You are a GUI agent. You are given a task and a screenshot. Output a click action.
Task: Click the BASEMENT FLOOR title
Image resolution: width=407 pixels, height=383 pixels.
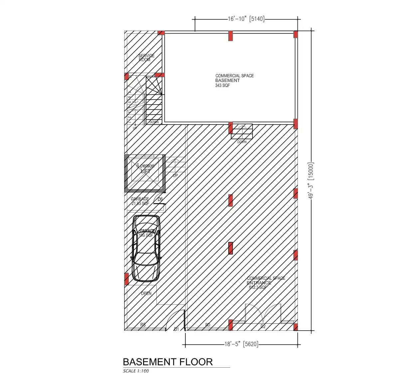tap(168, 362)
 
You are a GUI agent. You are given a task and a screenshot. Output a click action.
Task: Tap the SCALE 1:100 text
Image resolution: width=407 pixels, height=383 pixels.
tap(136, 371)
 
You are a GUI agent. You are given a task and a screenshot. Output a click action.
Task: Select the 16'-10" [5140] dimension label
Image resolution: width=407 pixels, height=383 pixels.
tap(246, 19)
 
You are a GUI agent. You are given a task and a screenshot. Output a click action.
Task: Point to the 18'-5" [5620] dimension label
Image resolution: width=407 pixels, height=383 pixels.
tap(241, 344)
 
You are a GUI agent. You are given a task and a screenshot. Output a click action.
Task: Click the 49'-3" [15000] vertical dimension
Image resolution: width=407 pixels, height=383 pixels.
tap(311, 181)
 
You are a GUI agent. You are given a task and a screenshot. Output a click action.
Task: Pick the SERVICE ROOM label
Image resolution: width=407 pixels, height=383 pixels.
tap(146, 58)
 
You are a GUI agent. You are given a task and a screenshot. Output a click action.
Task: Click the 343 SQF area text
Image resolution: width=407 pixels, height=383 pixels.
tap(222, 86)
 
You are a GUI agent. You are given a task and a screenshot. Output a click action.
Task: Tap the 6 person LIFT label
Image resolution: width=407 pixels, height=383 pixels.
tap(145, 168)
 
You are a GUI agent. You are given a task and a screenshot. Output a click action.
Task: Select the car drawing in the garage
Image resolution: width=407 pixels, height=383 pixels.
tap(146, 248)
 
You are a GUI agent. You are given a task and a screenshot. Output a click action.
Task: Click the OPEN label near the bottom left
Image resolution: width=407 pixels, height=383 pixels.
tap(146, 293)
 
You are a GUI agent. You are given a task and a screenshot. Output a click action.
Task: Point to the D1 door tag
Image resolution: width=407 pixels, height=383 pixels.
tap(176, 329)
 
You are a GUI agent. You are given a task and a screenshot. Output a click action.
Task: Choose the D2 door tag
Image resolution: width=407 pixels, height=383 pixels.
tap(263, 326)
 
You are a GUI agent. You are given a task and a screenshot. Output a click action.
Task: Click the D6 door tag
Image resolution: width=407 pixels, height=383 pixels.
tap(160, 199)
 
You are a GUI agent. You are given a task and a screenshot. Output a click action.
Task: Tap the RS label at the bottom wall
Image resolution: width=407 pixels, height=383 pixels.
tap(143, 325)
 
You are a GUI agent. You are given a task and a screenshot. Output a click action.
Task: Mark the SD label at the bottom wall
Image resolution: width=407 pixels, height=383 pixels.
tap(208, 325)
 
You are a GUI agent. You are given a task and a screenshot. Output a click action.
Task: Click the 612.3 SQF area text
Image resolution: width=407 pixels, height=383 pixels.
tap(258, 287)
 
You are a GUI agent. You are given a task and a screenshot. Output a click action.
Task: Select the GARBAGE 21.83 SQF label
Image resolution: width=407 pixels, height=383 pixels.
tap(140, 201)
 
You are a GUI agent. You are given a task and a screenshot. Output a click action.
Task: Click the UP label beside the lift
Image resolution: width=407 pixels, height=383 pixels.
tap(175, 176)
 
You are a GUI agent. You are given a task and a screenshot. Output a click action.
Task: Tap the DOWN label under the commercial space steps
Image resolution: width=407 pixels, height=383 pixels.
tap(242, 142)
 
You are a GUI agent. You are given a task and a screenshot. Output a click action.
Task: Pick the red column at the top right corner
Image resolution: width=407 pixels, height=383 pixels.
tap(296, 34)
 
